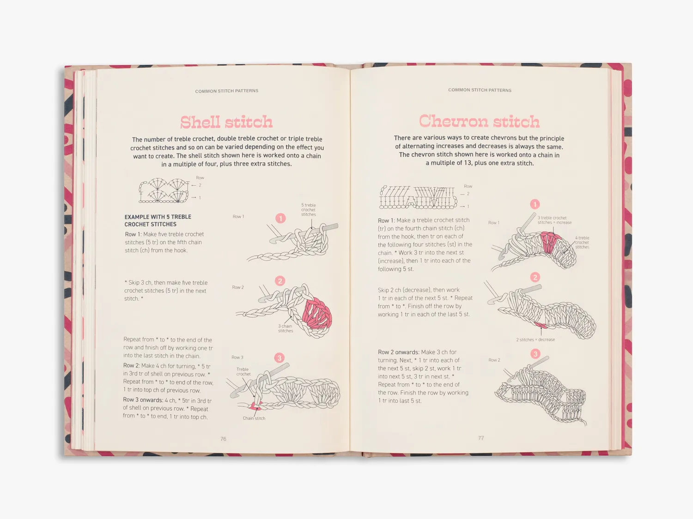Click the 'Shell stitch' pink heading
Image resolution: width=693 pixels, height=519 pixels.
pos(226,122)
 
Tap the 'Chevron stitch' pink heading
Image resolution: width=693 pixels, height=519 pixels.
pos(479,121)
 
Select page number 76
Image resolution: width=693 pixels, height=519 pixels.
pos(223,439)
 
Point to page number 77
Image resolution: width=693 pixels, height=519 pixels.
pos(481,438)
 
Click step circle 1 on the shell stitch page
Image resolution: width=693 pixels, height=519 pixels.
pos(280,218)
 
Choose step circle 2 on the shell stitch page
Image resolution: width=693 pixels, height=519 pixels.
pos(280,281)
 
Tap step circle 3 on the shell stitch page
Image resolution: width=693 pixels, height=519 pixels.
pos(279,358)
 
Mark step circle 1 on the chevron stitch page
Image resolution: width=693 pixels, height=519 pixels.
pos(535,204)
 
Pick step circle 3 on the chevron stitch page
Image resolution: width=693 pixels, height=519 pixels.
pos(535,353)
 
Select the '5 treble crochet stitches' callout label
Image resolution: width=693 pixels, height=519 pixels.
pos(308,209)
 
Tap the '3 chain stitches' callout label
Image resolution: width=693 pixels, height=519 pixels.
pos(286,328)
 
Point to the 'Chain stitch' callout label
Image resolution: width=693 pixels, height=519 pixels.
pos(254,418)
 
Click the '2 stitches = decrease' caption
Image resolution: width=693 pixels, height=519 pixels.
pos(535,340)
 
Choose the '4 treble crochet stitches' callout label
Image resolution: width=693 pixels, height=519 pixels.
pos(582,242)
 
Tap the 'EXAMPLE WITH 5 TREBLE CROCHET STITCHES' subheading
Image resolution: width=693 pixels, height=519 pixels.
pos(158,220)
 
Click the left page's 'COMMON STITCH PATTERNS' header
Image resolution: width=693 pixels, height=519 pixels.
pos(226,91)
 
